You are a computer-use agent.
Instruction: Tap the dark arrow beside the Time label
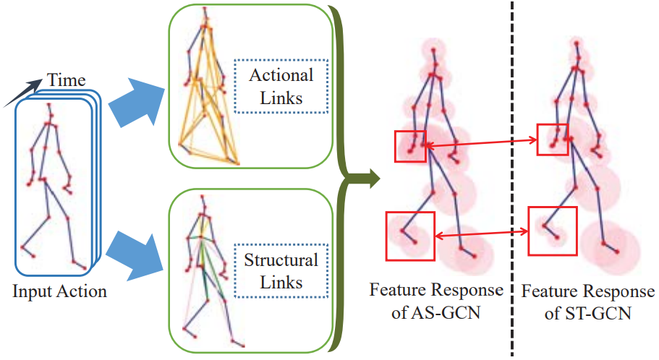(x=17, y=93)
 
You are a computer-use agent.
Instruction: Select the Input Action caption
(x=59, y=292)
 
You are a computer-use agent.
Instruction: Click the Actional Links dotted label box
(x=281, y=86)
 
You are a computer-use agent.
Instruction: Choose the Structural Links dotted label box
(x=281, y=270)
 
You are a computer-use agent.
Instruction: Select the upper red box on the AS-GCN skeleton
(x=410, y=146)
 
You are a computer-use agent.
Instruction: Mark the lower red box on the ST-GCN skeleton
(x=553, y=231)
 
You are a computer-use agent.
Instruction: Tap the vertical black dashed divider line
(x=512, y=181)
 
